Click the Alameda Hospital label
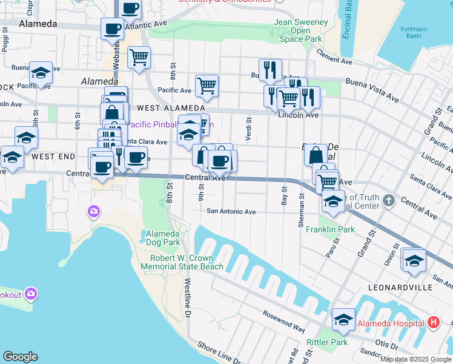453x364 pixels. (390, 323)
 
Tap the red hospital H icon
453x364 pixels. (433, 323)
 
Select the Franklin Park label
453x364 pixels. (330, 230)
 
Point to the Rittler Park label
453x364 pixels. (328, 342)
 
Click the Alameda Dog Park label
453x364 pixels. (162, 238)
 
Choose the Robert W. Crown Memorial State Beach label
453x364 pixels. (187, 262)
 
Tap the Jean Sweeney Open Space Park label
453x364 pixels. (300, 30)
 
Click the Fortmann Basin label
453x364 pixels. (414, 32)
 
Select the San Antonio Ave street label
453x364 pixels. (231, 212)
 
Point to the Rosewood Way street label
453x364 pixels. (283, 321)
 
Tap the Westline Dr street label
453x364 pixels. (188, 299)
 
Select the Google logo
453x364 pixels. (21, 357)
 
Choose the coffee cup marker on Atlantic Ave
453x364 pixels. (112, 29)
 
